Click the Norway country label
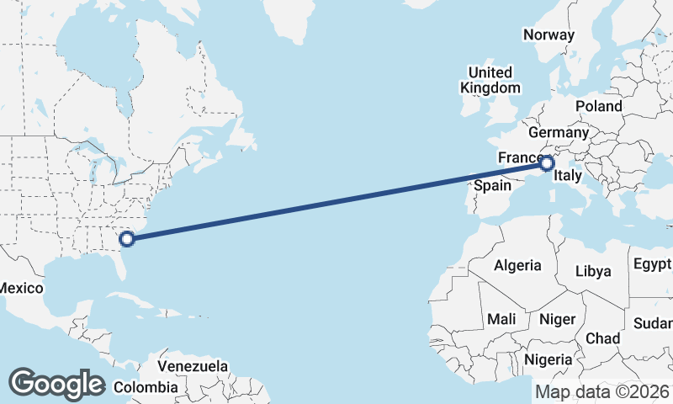548,35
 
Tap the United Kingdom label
490,80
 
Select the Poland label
599,107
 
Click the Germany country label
559,133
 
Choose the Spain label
492,185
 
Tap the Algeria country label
517,266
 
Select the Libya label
593,271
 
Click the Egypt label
653,264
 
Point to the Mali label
501,320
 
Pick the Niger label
556,320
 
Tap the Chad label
602,338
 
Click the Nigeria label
548,360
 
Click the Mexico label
20,288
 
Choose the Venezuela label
193,367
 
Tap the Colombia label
146,388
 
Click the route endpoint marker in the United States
127,238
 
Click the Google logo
57,384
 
